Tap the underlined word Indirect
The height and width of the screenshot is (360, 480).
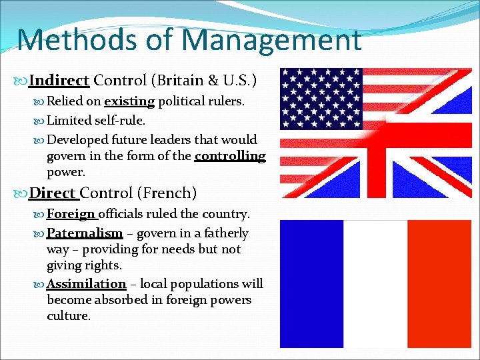(x=59, y=81)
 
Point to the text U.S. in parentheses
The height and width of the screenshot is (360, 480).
(x=241, y=81)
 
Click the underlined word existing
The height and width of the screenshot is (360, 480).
(x=129, y=102)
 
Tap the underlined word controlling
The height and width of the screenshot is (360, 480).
(x=230, y=156)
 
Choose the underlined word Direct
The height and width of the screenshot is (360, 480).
(x=53, y=193)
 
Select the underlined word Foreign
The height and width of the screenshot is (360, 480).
(x=71, y=214)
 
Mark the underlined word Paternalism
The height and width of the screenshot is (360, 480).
(x=85, y=233)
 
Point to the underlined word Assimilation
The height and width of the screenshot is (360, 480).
(x=86, y=284)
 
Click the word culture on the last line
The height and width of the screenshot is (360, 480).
(x=68, y=316)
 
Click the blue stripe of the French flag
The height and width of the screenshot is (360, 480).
(x=311, y=284)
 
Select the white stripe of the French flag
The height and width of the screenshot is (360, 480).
(x=373, y=284)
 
